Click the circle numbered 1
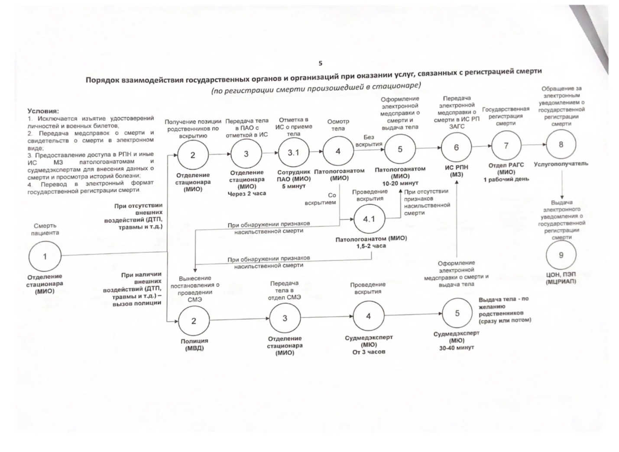pos(45,257)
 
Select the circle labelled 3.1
pos(294,152)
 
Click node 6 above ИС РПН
pos(456,148)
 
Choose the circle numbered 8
pos(561,145)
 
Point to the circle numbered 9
pos(561,255)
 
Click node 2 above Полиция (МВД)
pos(194,321)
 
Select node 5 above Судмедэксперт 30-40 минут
pos(457,313)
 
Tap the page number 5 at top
pos(321,63)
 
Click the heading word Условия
pos(43,111)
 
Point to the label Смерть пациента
pos(45,229)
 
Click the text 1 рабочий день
pos(506,179)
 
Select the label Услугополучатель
pos(561,164)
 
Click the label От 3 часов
pos(369,352)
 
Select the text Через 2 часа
pos(246,194)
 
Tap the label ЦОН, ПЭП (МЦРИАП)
pos(561,278)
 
